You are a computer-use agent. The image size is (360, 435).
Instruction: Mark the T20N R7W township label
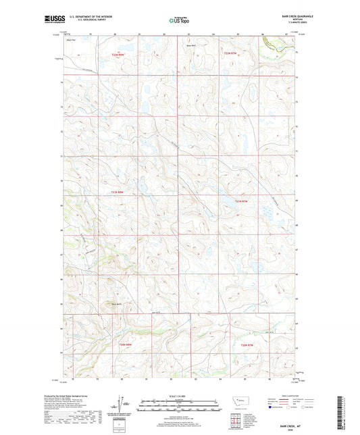[247, 346]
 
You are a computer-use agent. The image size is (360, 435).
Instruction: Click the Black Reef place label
[190, 46]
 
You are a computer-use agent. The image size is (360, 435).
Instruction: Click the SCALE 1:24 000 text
[179, 395]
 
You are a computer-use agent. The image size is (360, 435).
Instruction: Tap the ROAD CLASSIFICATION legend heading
[282, 395]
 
